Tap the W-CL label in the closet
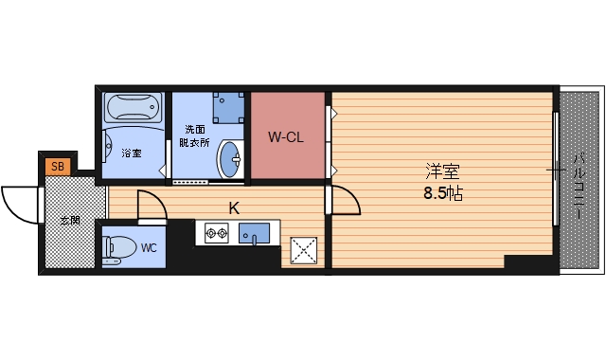[285, 137]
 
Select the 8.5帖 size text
[442, 193]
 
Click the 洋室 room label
[442, 172]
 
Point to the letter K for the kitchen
[232, 207]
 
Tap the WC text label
[149, 249]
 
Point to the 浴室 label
[131, 153]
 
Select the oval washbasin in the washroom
[229, 158]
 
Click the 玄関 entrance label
[70, 220]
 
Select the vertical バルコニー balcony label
[577, 185]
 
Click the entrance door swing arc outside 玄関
[19, 200]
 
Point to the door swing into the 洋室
[345, 202]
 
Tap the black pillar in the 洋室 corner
[529, 262]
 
